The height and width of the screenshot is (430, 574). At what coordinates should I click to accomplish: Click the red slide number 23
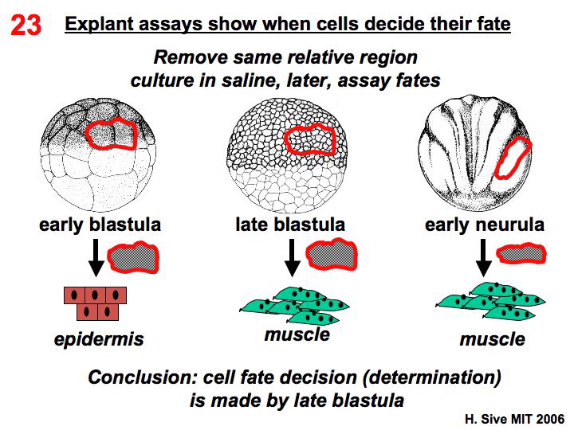coord(26,25)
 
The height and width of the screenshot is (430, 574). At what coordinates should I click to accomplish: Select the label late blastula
coord(290,225)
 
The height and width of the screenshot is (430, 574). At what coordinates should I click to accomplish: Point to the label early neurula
coord(485,225)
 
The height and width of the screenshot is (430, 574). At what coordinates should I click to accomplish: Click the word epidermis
coord(99,340)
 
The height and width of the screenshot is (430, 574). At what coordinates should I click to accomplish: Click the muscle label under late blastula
coord(297,334)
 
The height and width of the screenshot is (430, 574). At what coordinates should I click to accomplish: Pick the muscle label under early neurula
coord(492,340)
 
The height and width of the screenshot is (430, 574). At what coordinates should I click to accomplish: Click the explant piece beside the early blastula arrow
coord(135,254)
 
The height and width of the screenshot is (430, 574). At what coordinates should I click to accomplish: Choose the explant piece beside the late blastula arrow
coord(331,253)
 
